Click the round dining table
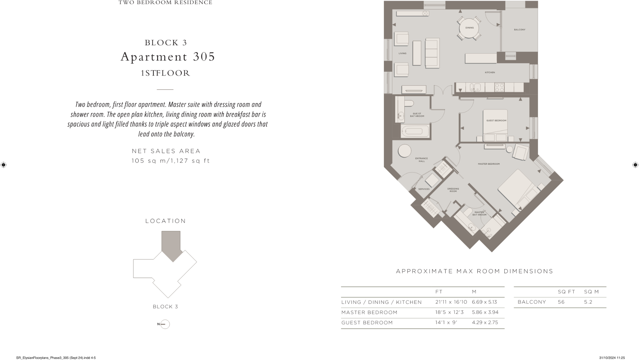[469, 28]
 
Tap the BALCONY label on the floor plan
[519, 30]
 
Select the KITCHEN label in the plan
[490, 72]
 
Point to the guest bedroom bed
[495, 125]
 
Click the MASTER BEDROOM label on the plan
[489, 164]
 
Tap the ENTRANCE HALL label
[421, 160]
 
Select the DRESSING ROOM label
[453, 190]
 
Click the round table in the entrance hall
[405, 151]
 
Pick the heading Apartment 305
[168, 56]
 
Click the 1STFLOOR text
[165, 73]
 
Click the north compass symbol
[165, 324]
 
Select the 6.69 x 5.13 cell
[484, 302]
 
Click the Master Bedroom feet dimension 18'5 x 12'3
[449, 312]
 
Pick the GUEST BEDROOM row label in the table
[367, 323]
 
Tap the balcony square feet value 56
[561, 302]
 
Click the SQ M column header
[591, 292]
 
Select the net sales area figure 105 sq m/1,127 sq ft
[171, 161]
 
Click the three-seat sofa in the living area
[432, 53]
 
